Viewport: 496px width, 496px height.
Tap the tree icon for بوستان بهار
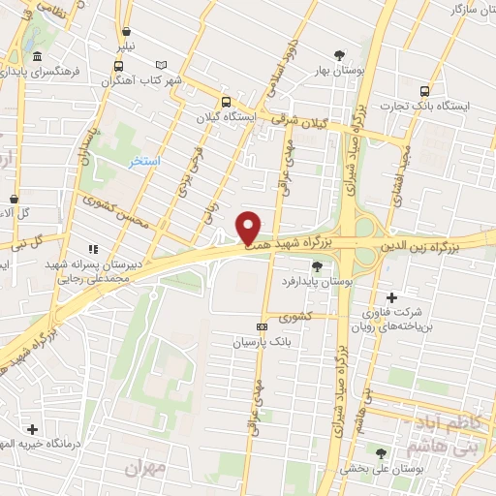[x=338, y=55]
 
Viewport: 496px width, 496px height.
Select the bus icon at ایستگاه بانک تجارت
[x=423, y=91]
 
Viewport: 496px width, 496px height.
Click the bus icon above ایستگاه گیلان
[x=226, y=101]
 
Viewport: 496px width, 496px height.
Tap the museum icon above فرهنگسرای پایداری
[x=37, y=56]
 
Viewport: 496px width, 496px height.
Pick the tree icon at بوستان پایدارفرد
[x=317, y=265]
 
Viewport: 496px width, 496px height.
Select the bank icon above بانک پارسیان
[x=261, y=327]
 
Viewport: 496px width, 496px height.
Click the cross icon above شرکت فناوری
[x=391, y=296]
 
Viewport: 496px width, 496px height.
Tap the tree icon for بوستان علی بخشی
[x=380, y=451]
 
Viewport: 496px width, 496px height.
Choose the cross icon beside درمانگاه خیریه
[x=32, y=428]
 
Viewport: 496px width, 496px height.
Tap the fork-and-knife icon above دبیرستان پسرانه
[x=94, y=247]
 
